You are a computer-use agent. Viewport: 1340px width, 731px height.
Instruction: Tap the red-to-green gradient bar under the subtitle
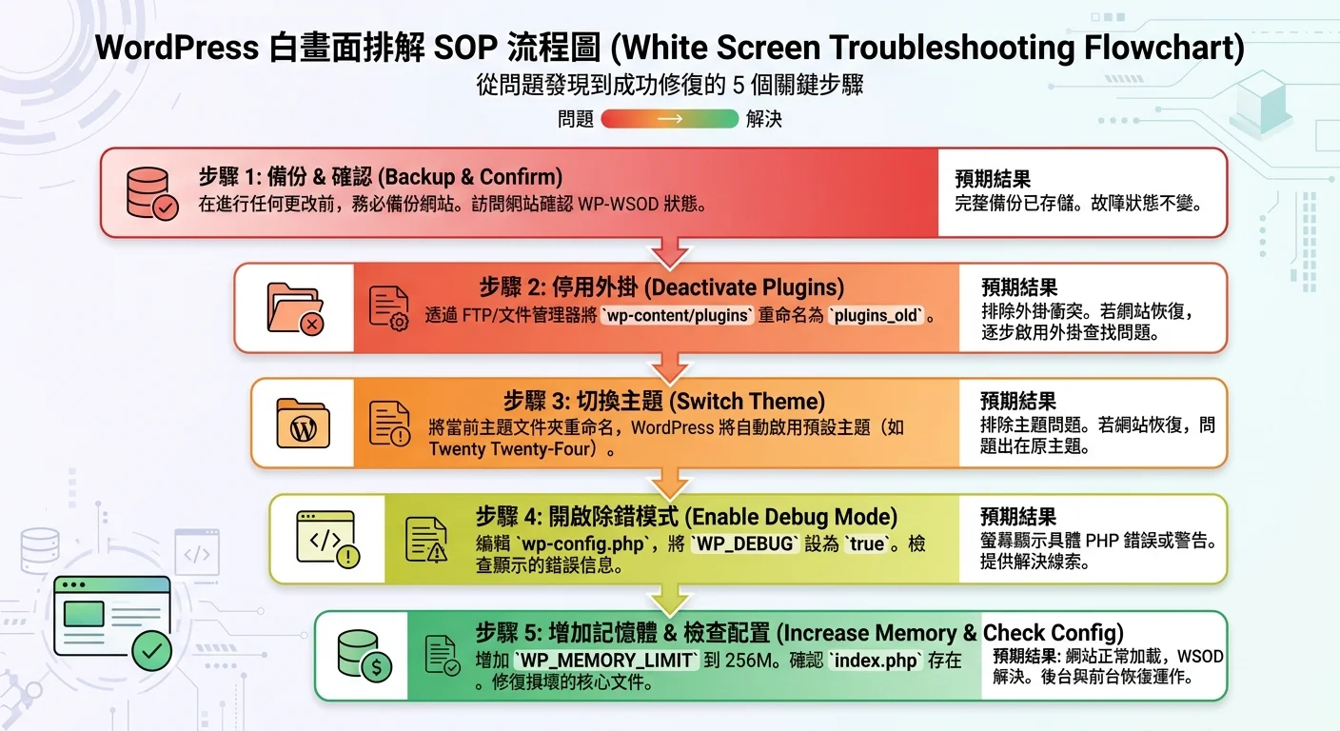(x=670, y=119)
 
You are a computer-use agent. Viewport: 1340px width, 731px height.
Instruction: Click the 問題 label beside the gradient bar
(x=576, y=119)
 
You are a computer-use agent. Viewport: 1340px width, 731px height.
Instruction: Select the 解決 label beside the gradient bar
(x=764, y=119)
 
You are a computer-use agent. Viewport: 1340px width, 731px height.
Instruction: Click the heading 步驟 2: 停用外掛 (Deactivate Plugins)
(x=660, y=287)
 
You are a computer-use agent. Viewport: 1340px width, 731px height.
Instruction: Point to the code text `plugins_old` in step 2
(x=878, y=315)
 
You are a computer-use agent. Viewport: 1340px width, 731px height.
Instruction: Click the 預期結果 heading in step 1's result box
(x=992, y=179)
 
